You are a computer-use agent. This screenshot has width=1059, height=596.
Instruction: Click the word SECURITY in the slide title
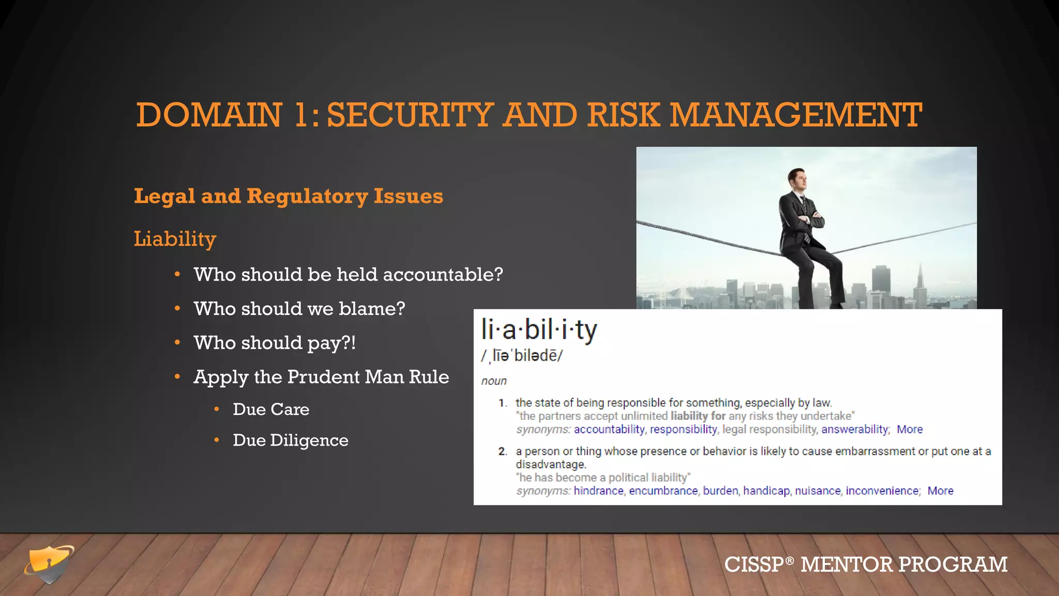(x=410, y=115)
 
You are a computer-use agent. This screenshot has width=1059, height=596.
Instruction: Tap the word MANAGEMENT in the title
(x=796, y=115)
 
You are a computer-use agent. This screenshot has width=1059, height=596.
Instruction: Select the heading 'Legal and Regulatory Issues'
(x=289, y=197)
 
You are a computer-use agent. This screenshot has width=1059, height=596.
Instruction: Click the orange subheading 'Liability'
(x=175, y=239)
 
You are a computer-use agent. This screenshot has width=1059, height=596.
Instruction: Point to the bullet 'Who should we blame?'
(x=299, y=309)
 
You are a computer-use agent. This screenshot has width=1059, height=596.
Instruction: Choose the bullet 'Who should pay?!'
(x=275, y=343)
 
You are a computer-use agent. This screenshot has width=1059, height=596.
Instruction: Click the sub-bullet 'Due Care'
(x=271, y=409)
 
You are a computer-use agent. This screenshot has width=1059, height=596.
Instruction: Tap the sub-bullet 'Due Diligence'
(x=290, y=440)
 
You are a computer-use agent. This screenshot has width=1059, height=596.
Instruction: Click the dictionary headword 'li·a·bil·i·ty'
(x=539, y=330)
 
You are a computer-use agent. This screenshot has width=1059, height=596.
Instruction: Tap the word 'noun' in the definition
(x=494, y=381)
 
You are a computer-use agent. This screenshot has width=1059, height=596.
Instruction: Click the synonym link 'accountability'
(x=609, y=429)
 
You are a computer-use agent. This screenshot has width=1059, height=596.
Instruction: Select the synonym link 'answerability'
(x=855, y=429)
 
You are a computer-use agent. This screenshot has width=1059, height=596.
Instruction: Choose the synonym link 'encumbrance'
(x=663, y=491)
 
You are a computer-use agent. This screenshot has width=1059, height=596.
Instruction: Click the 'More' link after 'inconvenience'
(x=940, y=491)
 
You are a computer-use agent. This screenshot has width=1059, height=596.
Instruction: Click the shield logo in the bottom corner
(x=50, y=564)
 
